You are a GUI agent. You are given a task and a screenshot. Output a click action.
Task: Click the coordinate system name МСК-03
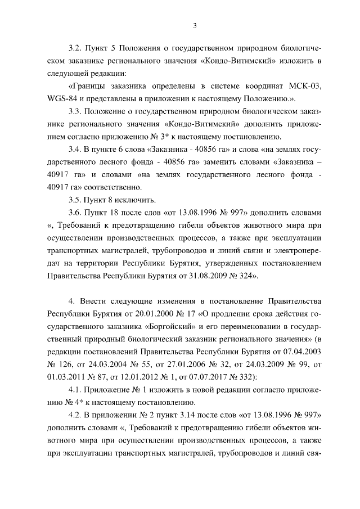(305, 85)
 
